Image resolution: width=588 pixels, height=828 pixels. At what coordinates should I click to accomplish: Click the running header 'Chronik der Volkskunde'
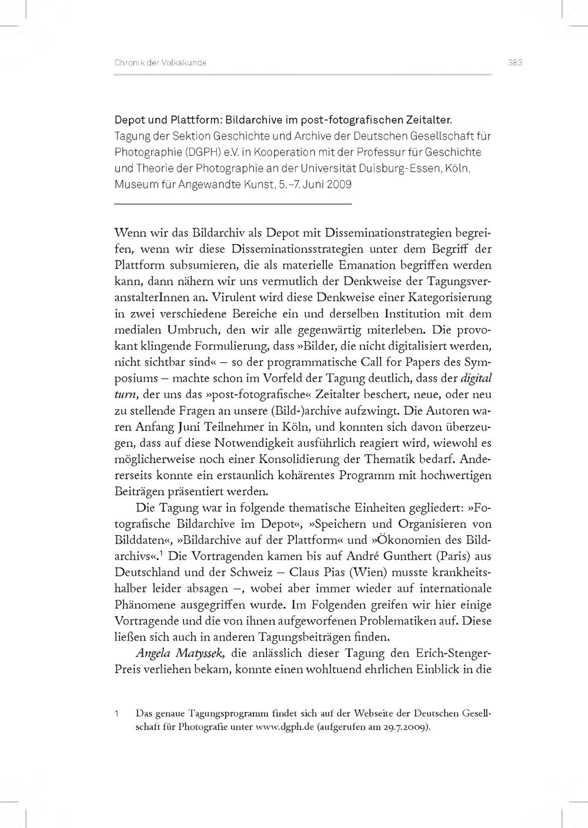point(160,63)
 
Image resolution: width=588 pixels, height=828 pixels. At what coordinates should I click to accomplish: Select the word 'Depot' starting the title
point(129,120)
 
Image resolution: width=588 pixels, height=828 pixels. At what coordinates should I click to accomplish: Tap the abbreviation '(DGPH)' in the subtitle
point(205,152)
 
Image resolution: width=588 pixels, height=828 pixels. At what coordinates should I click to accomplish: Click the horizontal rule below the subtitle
point(233,203)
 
